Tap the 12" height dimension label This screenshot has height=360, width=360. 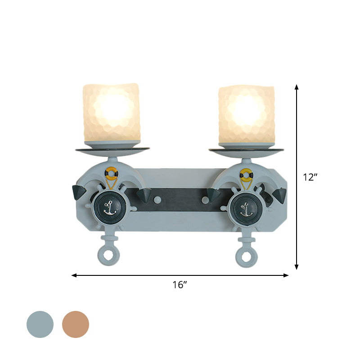(310, 177)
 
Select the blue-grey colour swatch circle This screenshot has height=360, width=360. (40, 324)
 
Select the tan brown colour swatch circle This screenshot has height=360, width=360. (76, 324)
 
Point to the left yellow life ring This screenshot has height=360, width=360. (111, 172)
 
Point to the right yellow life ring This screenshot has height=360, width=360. (245, 172)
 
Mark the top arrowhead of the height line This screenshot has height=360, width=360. (297, 86)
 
